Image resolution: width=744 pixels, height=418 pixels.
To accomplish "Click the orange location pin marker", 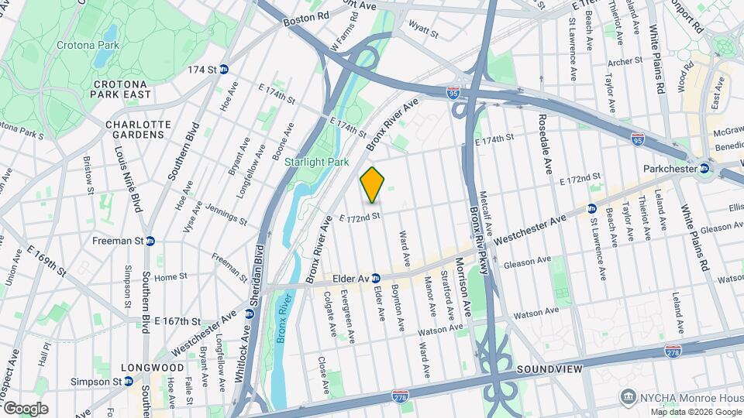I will [x=373, y=185].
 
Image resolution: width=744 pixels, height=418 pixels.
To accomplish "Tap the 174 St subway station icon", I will [x=224, y=70].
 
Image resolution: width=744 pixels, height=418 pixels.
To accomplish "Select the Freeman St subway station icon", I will [x=150, y=241].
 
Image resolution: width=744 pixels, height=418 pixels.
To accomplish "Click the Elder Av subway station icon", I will [x=374, y=278].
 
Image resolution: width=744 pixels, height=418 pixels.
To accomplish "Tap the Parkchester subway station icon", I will [x=705, y=168].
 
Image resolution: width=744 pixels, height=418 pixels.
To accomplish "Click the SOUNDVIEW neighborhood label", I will [x=549, y=369].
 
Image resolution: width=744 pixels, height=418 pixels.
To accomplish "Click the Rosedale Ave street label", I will [x=546, y=145].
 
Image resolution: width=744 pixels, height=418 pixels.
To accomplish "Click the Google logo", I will [x=25, y=408].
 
